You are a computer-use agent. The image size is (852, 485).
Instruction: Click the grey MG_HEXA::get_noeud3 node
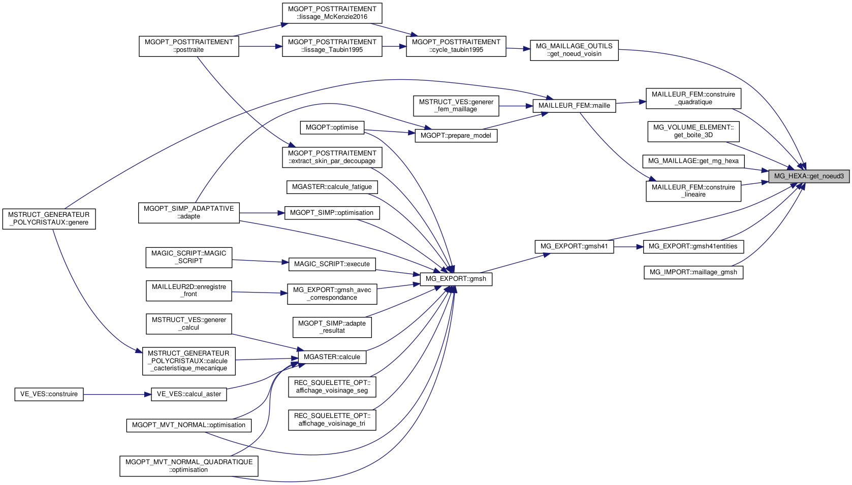(808, 176)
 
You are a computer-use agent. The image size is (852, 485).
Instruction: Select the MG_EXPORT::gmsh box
(456, 279)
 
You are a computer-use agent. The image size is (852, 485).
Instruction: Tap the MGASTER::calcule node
(332, 357)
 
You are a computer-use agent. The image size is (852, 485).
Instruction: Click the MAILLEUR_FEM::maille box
(574, 106)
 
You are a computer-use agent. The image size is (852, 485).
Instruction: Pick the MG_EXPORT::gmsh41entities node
(693, 246)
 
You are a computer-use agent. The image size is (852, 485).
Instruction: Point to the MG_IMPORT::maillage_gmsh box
(693, 272)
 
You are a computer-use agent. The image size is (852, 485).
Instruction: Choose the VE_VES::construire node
(49, 394)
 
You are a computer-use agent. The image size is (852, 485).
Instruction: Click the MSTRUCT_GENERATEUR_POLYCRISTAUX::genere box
(49, 219)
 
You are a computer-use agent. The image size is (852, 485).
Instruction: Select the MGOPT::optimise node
(332, 127)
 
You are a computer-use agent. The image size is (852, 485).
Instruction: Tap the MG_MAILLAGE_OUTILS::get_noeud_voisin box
(574, 50)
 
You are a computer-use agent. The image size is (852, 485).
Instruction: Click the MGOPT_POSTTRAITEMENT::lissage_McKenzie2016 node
(332, 13)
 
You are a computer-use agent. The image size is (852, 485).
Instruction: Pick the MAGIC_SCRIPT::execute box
(332, 264)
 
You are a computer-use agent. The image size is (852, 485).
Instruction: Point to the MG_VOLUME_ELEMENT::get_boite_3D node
(693, 131)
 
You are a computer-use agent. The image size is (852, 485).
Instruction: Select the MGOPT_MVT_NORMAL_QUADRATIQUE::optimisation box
(188, 466)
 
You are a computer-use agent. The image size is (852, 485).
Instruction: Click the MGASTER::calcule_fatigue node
(332, 187)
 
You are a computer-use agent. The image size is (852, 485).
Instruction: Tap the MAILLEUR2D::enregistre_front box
(188, 290)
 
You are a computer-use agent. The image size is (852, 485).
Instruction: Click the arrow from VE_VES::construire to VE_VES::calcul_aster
(117, 394)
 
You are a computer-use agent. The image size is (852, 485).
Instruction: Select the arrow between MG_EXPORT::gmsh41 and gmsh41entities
(628, 247)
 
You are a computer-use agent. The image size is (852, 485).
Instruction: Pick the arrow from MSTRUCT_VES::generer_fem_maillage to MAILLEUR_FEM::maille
(515, 106)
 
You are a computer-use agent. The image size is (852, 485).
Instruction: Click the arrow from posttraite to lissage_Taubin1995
(260, 46)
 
